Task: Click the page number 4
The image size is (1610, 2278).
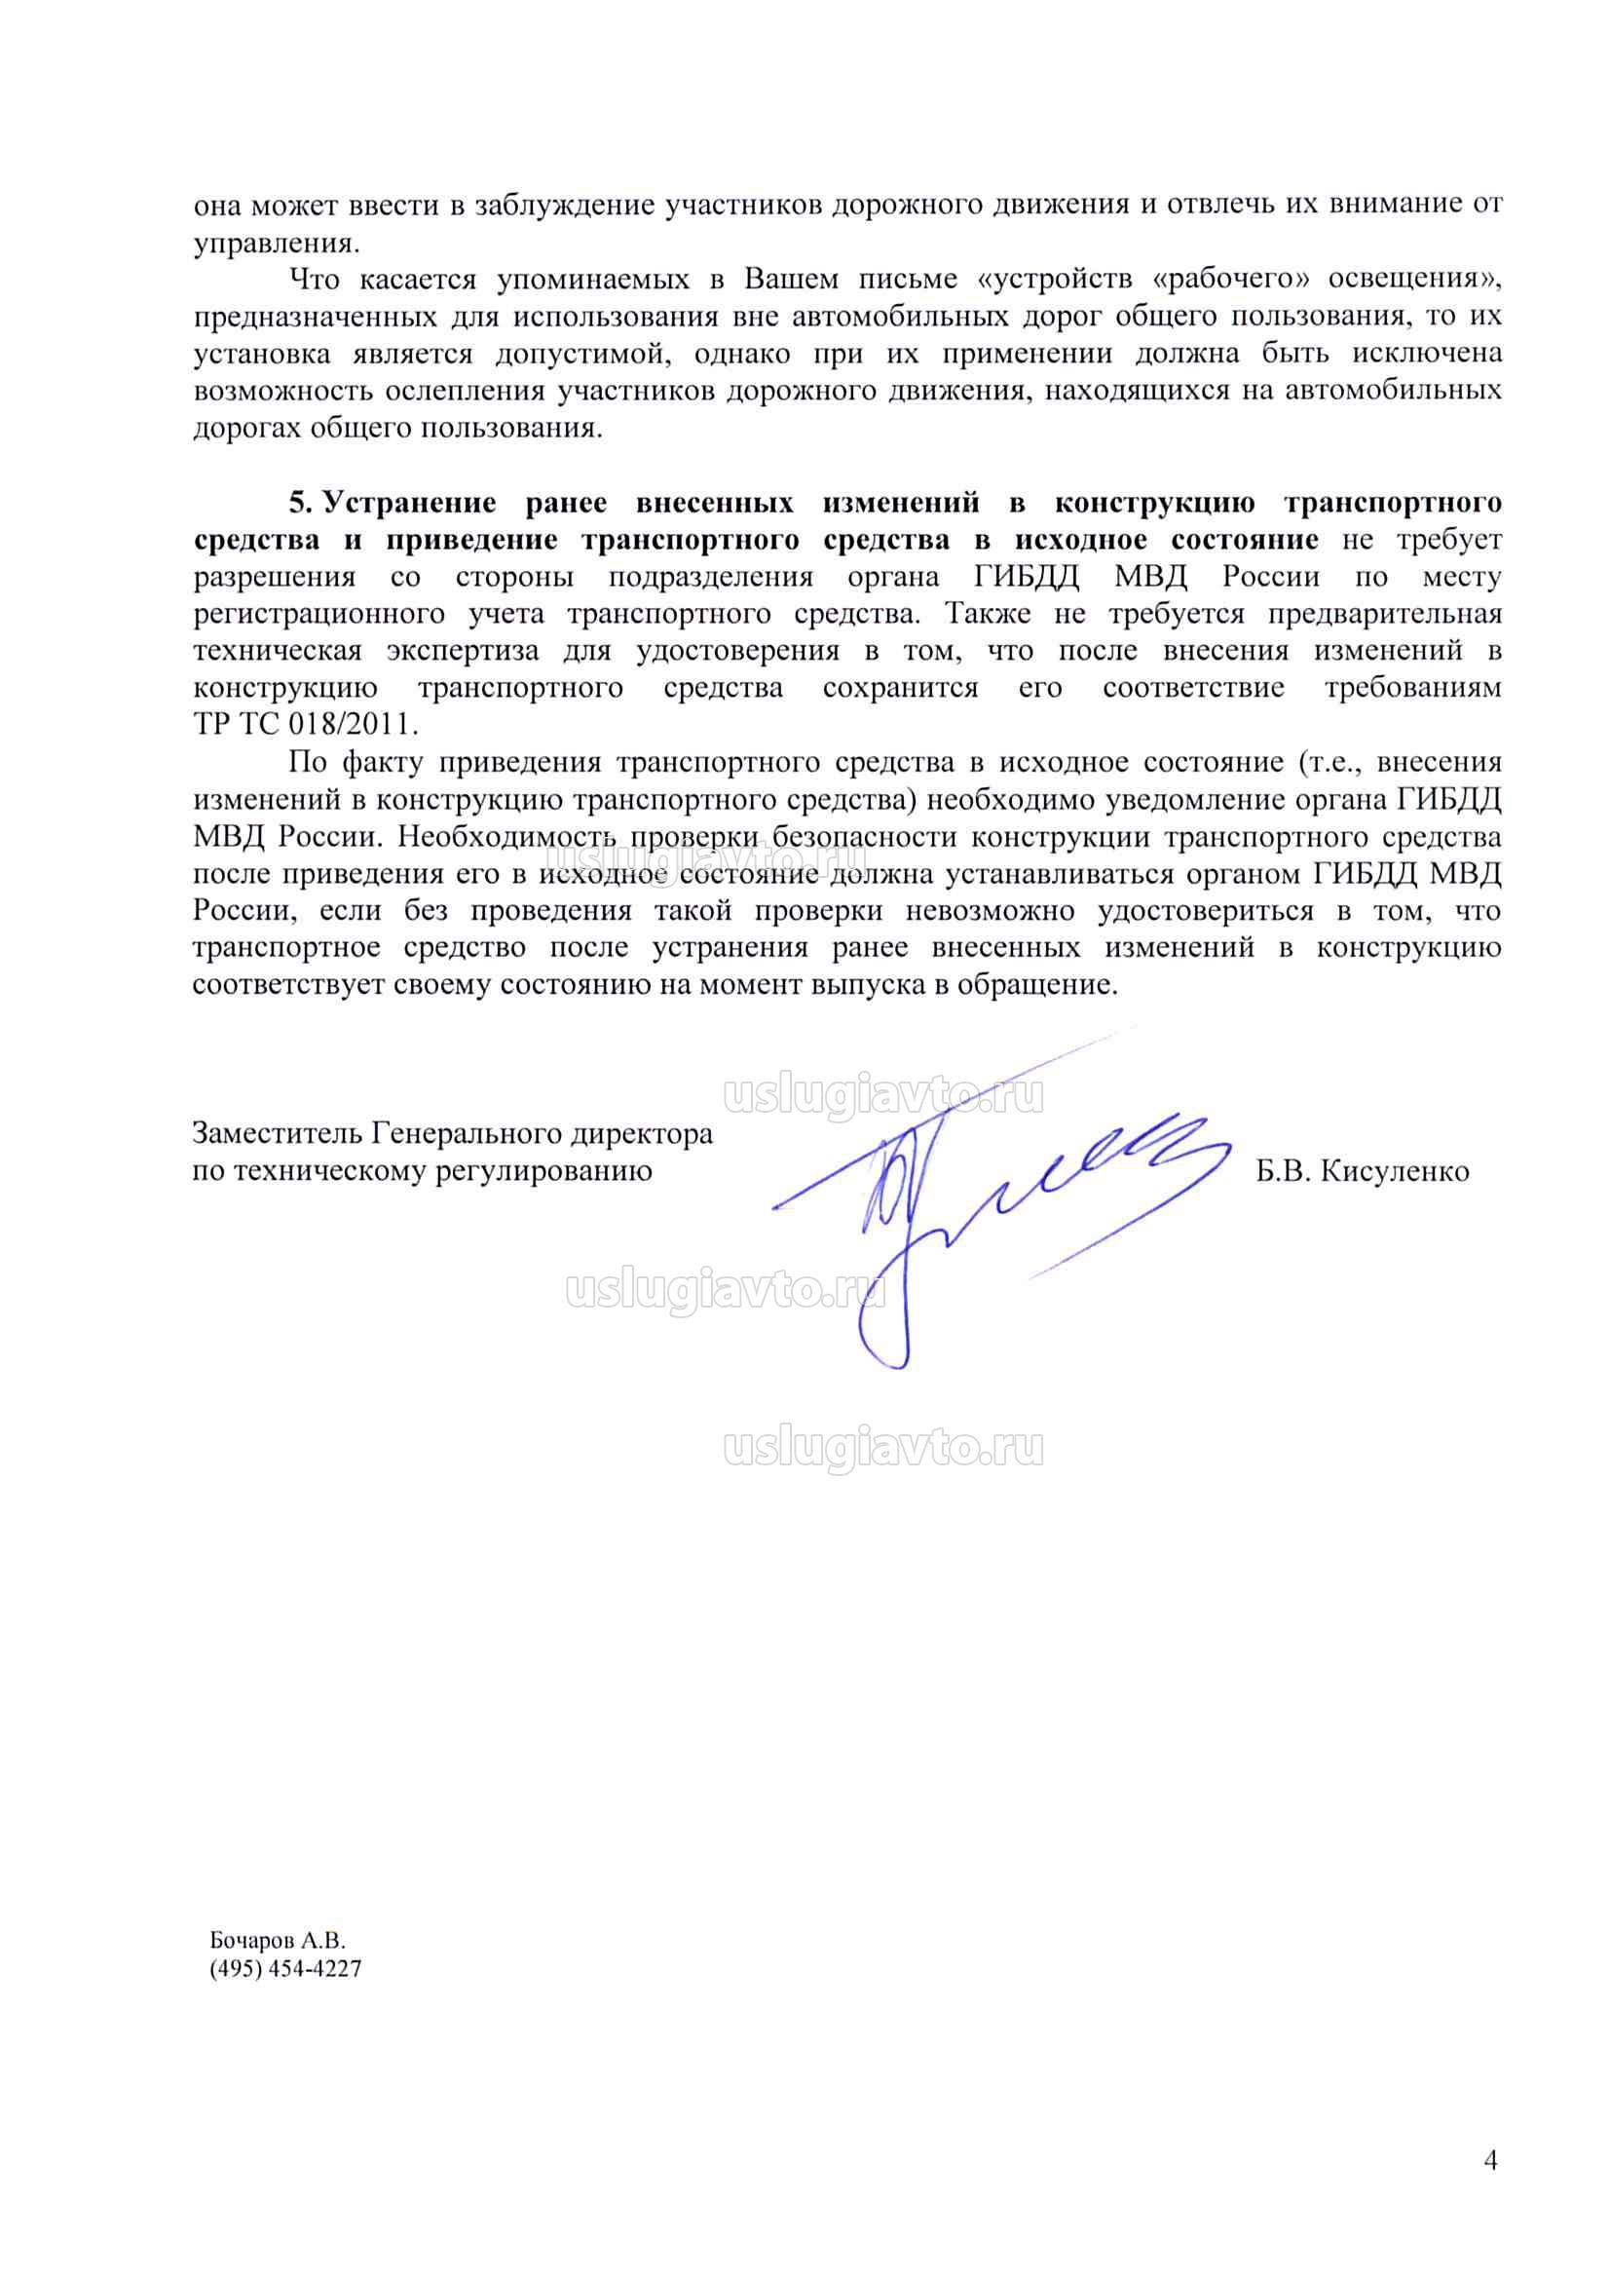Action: coord(1490,2159)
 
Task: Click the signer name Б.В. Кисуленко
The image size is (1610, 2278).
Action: coord(1362,1172)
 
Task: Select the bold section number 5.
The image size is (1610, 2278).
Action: coord(300,503)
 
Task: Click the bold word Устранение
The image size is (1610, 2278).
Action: coord(411,503)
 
